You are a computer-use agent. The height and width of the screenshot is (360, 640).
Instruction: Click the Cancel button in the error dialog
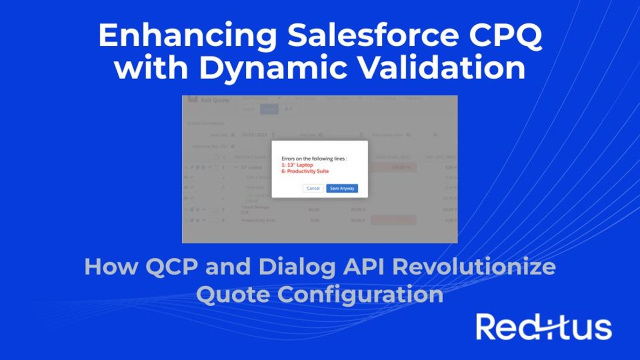pyautogui.click(x=313, y=188)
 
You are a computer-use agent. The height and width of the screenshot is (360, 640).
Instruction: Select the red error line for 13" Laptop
pyautogui.click(x=297, y=165)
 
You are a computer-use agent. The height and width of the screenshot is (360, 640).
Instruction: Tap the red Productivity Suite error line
pyautogui.click(x=305, y=171)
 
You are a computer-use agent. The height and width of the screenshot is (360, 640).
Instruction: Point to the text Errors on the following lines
pyautogui.click(x=314, y=159)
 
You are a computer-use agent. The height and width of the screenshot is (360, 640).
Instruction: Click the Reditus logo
pyautogui.click(x=544, y=327)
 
